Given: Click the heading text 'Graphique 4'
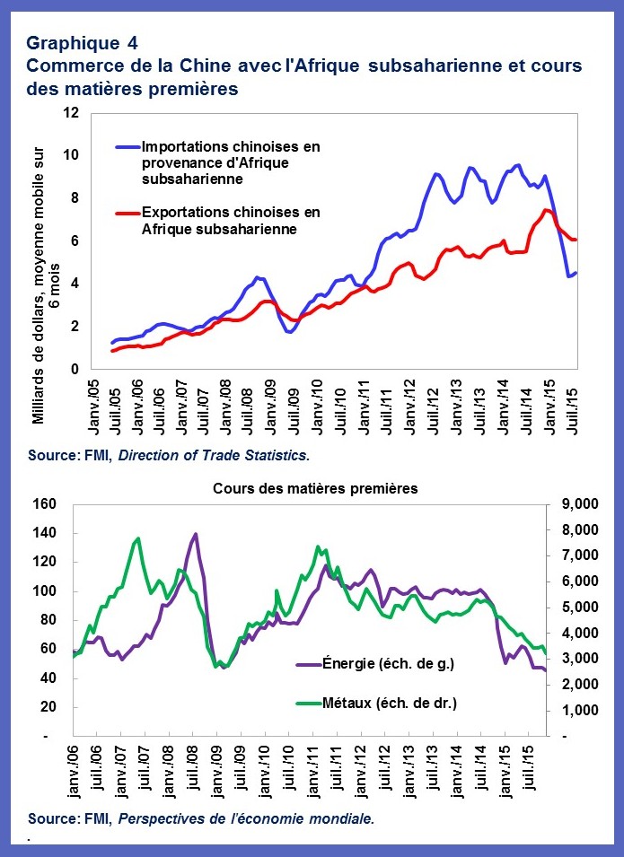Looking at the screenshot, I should pyautogui.click(x=83, y=42).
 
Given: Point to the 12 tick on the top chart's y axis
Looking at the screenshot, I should pyautogui.click(x=72, y=112).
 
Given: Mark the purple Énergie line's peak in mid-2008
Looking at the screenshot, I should pyautogui.click(x=196, y=534).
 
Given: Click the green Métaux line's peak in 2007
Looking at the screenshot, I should pyautogui.click(x=136, y=538).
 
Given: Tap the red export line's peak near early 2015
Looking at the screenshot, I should pyautogui.click(x=545, y=210).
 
